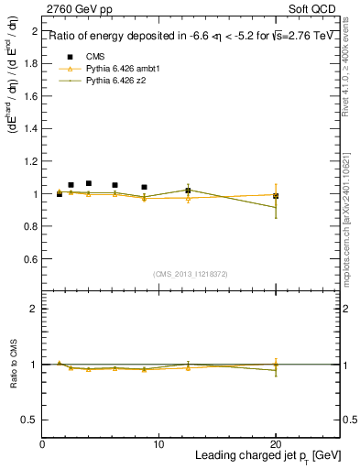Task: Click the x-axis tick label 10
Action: click(158, 444)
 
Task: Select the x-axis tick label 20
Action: click(276, 444)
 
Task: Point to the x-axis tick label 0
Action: click(42, 444)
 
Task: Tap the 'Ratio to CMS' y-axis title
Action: click(14, 364)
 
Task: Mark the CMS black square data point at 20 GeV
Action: click(276, 196)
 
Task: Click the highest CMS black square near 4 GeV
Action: click(89, 183)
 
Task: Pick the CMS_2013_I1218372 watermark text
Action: click(191, 274)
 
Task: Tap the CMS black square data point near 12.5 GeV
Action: click(188, 191)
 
